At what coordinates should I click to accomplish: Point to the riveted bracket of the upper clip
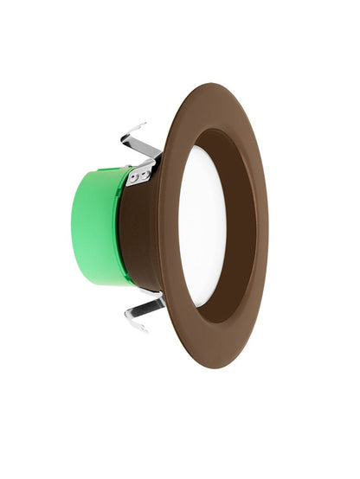140,174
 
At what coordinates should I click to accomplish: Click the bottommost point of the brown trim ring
207,368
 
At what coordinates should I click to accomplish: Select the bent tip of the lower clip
130,326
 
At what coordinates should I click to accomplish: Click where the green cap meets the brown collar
124,229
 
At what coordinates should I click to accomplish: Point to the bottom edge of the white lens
204,305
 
